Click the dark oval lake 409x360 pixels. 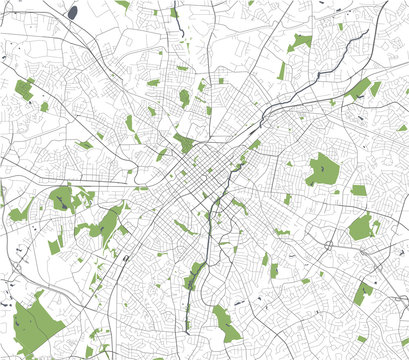pyautogui.click(x=73, y=12)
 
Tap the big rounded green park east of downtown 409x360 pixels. pyautogui.click(x=323, y=169)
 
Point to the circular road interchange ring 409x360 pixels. pyautogui.click(x=329, y=244)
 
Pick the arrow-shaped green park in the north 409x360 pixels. pyautogui.click(x=301, y=41)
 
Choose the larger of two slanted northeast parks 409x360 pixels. pyautogui.click(x=358, y=89)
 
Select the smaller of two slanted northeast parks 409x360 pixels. pyautogui.click(x=376, y=89)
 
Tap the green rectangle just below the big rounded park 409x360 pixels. pyautogui.click(x=358, y=190)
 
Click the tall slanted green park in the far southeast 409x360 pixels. pyautogui.click(x=364, y=291)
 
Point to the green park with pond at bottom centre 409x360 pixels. pyautogui.click(x=226, y=322)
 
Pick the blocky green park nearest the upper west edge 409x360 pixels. pyautogui.click(x=24, y=88)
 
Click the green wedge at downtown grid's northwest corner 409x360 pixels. pyautogui.click(x=184, y=143)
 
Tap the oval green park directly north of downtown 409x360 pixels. pyautogui.click(x=184, y=97)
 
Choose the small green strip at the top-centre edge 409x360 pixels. pyautogui.click(x=174, y=12)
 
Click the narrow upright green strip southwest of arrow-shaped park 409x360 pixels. pyautogui.click(x=282, y=70)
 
